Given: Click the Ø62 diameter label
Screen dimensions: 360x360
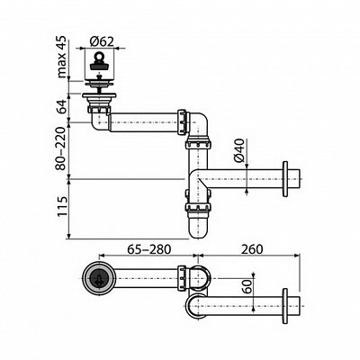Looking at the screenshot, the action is (x=102, y=41).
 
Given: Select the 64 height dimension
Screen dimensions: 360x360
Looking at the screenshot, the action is (x=62, y=107).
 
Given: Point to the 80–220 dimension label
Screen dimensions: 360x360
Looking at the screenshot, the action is (x=61, y=148).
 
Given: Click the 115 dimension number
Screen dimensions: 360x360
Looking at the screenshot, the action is (x=63, y=206).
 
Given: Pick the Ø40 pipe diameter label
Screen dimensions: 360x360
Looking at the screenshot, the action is (x=239, y=150).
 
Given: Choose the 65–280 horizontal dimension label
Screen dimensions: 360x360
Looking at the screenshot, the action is (x=149, y=248).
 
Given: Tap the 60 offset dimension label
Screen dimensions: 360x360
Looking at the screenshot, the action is (x=247, y=286).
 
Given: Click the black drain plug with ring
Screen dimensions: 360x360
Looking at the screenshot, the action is (x=98, y=62).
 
